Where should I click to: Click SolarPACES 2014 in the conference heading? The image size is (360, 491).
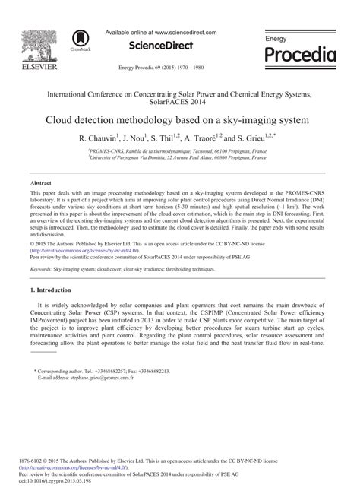coord(179,102)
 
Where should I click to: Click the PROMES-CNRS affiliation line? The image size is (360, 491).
coord(179,152)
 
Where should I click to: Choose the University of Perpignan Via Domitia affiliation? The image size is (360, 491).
coord(179,159)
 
